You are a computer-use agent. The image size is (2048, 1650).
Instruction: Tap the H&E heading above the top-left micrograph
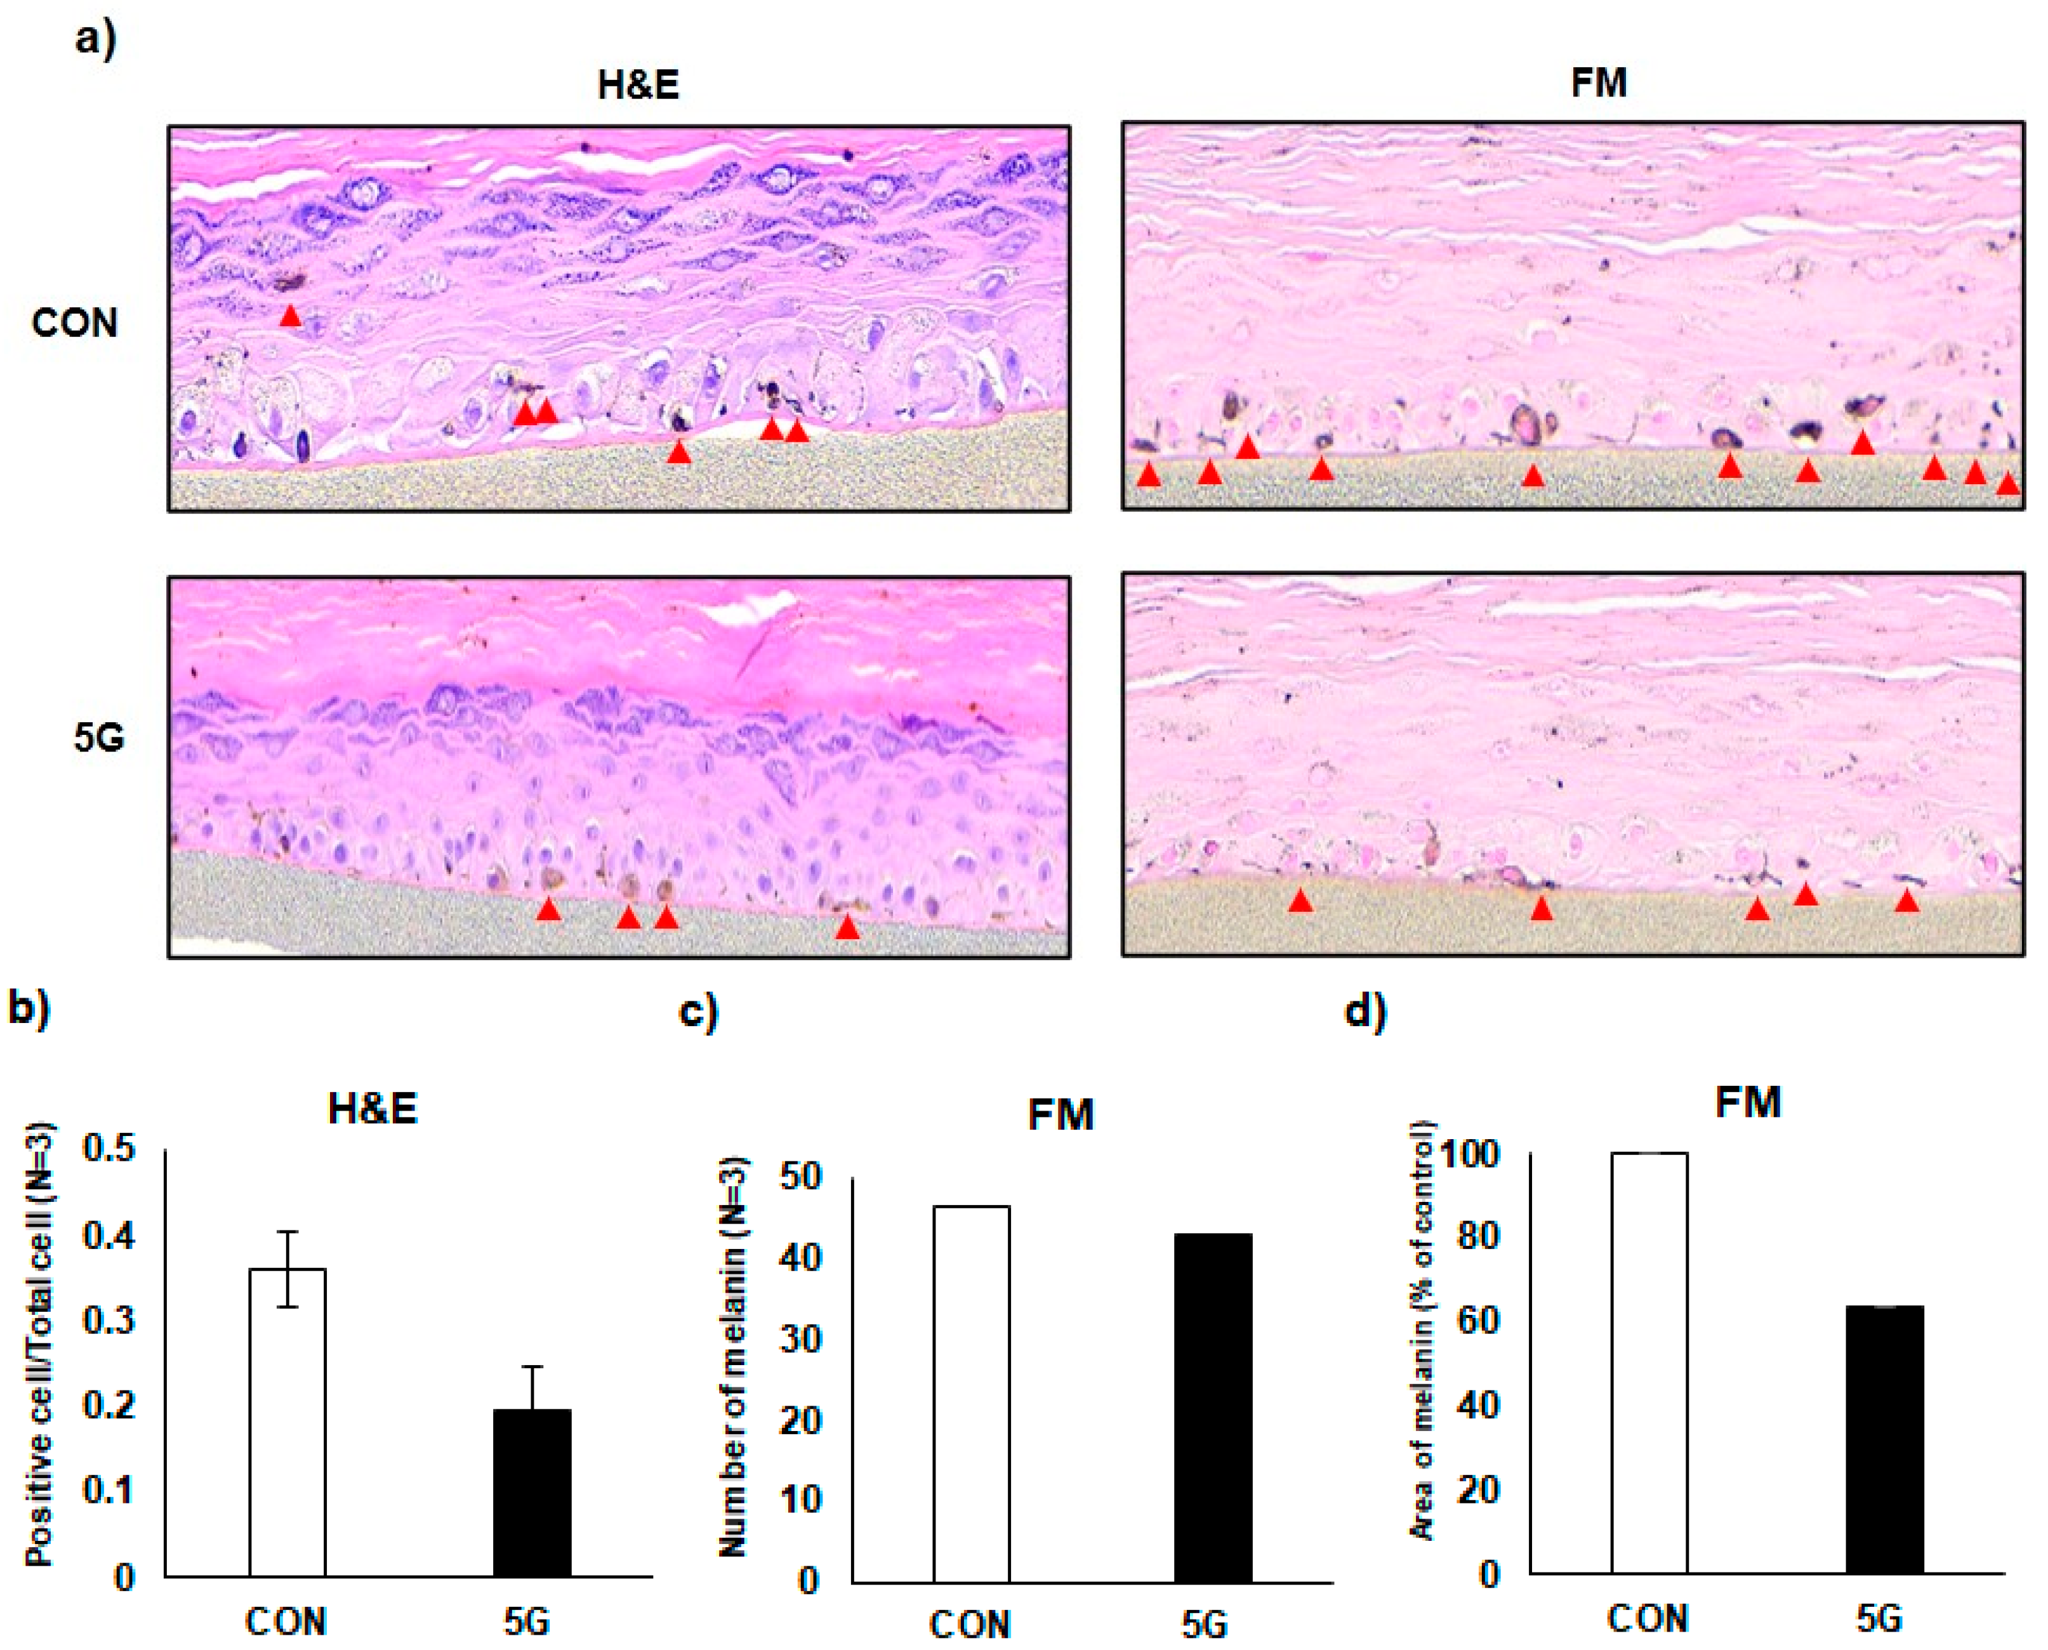click(638, 86)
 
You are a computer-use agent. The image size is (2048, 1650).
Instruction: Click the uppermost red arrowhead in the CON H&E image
click(291, 317)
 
